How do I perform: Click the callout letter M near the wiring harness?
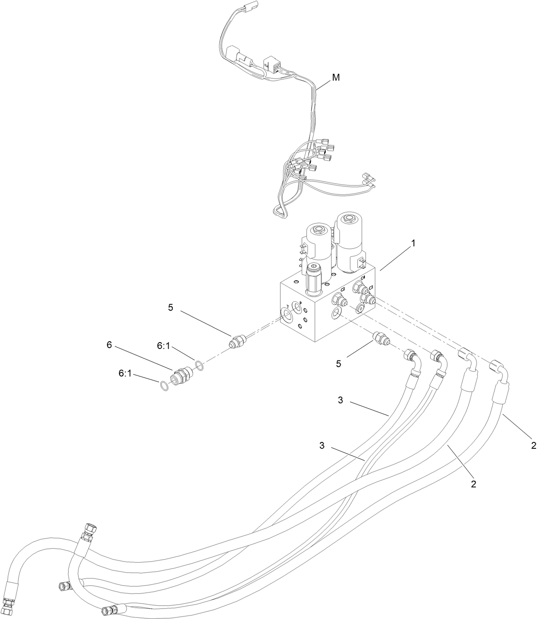(336, 78)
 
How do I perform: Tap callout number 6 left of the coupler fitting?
(109, 345)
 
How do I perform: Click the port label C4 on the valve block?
(363, 278)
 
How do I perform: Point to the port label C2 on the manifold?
(342, 289)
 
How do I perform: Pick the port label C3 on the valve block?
(371, 288)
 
